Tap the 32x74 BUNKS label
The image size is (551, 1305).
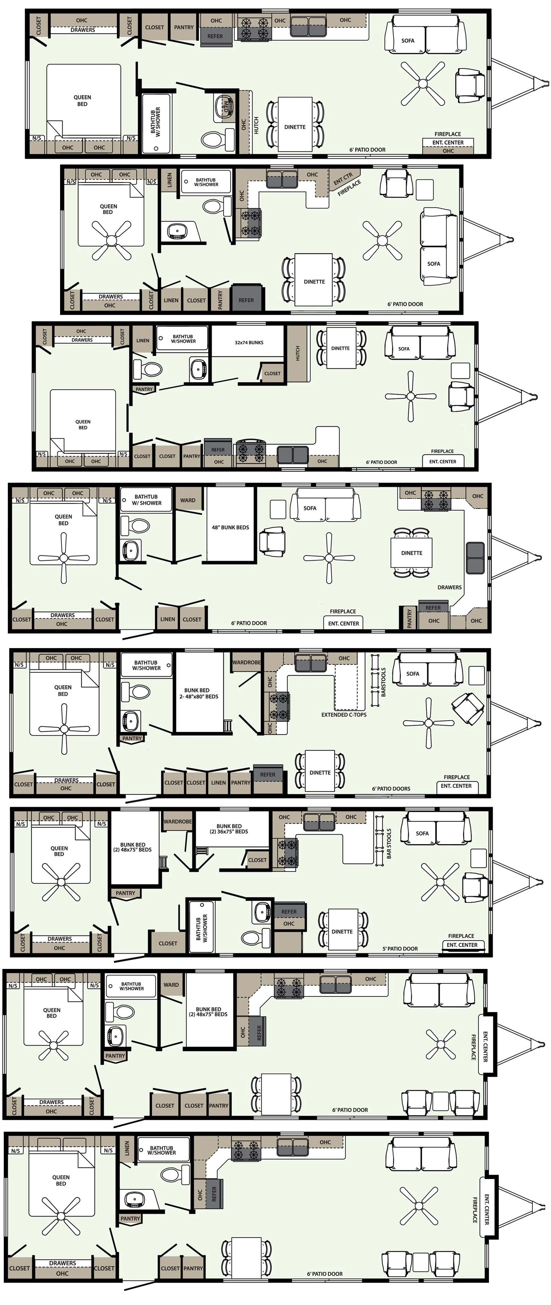249,343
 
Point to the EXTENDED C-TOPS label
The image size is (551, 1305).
344,715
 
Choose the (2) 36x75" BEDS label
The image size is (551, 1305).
229,831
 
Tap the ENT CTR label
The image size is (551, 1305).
343,179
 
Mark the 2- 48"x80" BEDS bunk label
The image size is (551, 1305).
199,697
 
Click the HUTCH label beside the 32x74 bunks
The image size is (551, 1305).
298,353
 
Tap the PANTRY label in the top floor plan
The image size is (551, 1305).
184,27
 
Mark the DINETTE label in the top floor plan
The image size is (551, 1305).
295,127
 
